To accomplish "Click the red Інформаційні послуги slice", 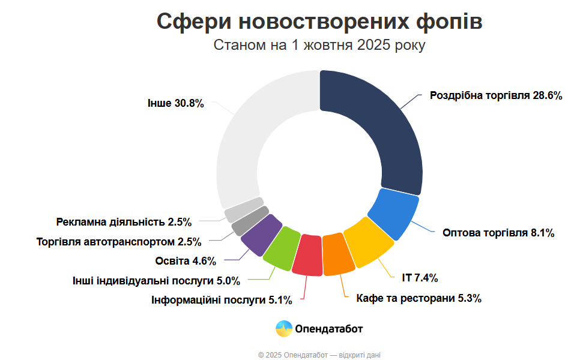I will tap(309, 256).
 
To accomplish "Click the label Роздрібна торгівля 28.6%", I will tap(496, 95).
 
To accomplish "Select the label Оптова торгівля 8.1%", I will tap(498, 233).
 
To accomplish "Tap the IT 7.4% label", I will tap(420, 278).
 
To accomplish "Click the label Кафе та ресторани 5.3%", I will tap(418, 298).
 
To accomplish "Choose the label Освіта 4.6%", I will tap(185, 260).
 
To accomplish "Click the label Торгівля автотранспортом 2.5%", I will tap(118, 242).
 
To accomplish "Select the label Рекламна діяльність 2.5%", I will tap(124, 222).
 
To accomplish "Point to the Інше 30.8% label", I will tap(175, 103).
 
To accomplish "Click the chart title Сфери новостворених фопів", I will tap(319, 21).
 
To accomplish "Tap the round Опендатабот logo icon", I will tap(284, 329).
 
